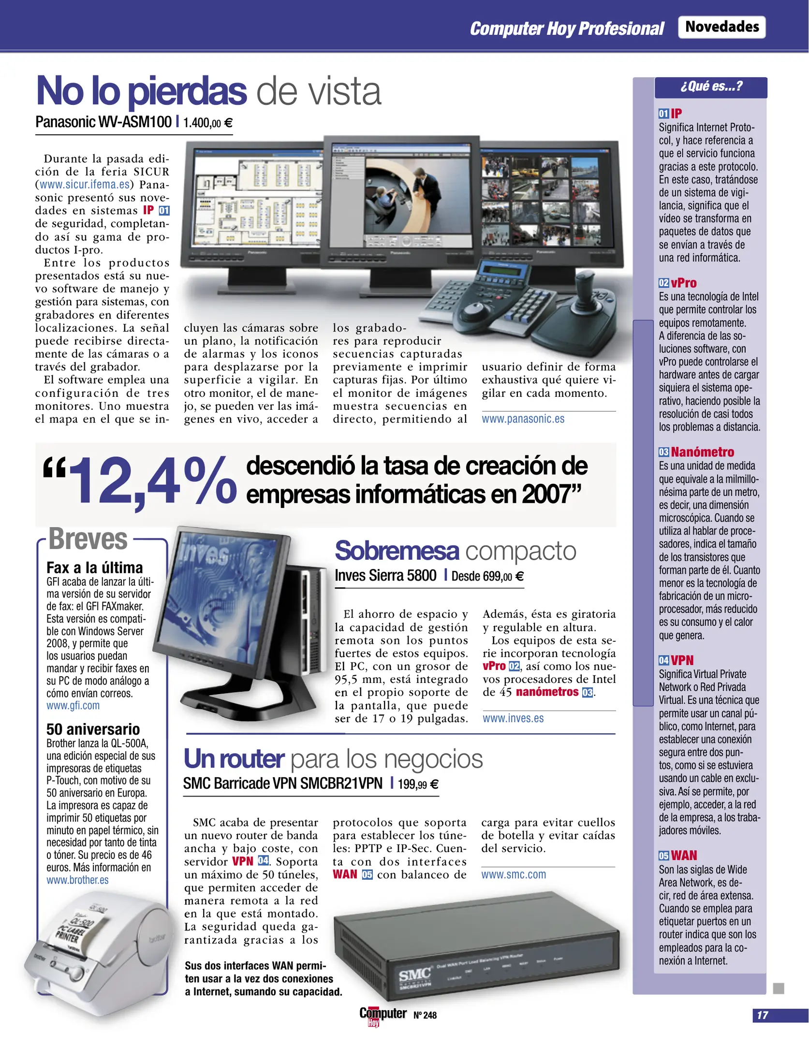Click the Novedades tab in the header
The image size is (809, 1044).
(x=721, y=27)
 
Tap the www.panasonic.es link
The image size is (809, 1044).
(x=523, y=419)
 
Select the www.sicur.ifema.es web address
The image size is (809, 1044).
(x=85, y=185)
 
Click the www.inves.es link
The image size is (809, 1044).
(x=513, y=718)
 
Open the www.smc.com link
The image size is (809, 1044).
(x=514, y=874)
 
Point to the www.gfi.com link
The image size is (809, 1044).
(x=73, y=706)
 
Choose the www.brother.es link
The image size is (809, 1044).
(x=77, y=880)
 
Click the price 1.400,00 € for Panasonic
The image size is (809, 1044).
(x=207, y=123)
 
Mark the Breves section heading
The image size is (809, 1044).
(x=88, y=539)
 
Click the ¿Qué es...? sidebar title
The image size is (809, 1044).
(x=711, y=87)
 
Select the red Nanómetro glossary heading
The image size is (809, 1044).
(x=702, y=452)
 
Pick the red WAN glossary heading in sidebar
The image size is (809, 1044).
(x=684, y=856)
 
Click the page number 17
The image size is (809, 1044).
(x=763, y=1015)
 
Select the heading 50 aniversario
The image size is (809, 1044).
(x=93, y=729)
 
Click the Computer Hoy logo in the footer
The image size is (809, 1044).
(x=382, y=1015)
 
